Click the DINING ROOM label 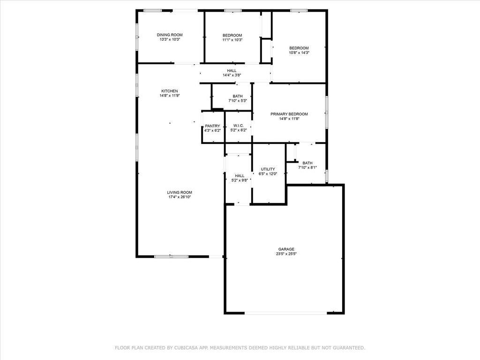pyautogui.click(x=169, y=35)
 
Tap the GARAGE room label pyautogui.click(x=286, y=249)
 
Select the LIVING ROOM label pyautogui.click(x=180, y=192)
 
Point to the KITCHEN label pyautogui.click(x=169, y=91)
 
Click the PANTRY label pyautogui.click(x=212, y=126)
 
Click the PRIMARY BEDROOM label pyautogui.click(x=289, y=114)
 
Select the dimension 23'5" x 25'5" pyautogui.click(x=286, y=254)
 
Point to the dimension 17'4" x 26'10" pyautogui.click(x=180, y=197)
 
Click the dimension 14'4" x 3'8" pyautogui.click(x=232, y=75)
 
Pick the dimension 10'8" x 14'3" pyautogui.click(x=299, y=52)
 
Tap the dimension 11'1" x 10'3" pyautogui.click(x=232, y=40)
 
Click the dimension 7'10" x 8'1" pyautogui.click(x=307, y=168)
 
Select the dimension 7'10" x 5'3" pyautogui.click(x=237, y=101)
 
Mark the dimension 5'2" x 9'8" pyautogui.click(x=240, y=180)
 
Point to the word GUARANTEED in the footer pyautogui.click(x=348, y=348)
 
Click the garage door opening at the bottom pyautogui.click(x=286, y=313)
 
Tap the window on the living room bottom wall pyautogui.click(x=171, y=256)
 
